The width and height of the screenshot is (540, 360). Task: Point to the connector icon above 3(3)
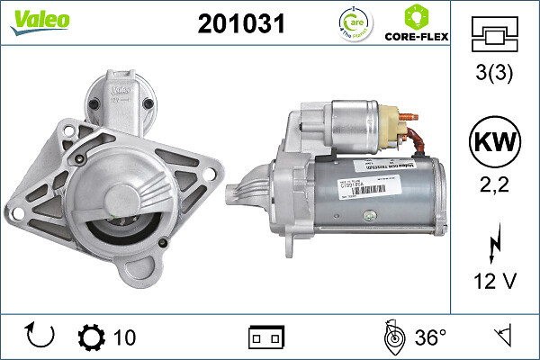(495, 36)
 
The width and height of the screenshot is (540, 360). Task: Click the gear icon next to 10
(92, 337)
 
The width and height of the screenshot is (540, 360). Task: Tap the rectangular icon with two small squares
(265, 337)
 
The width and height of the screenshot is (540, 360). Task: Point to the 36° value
(431, 337)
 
